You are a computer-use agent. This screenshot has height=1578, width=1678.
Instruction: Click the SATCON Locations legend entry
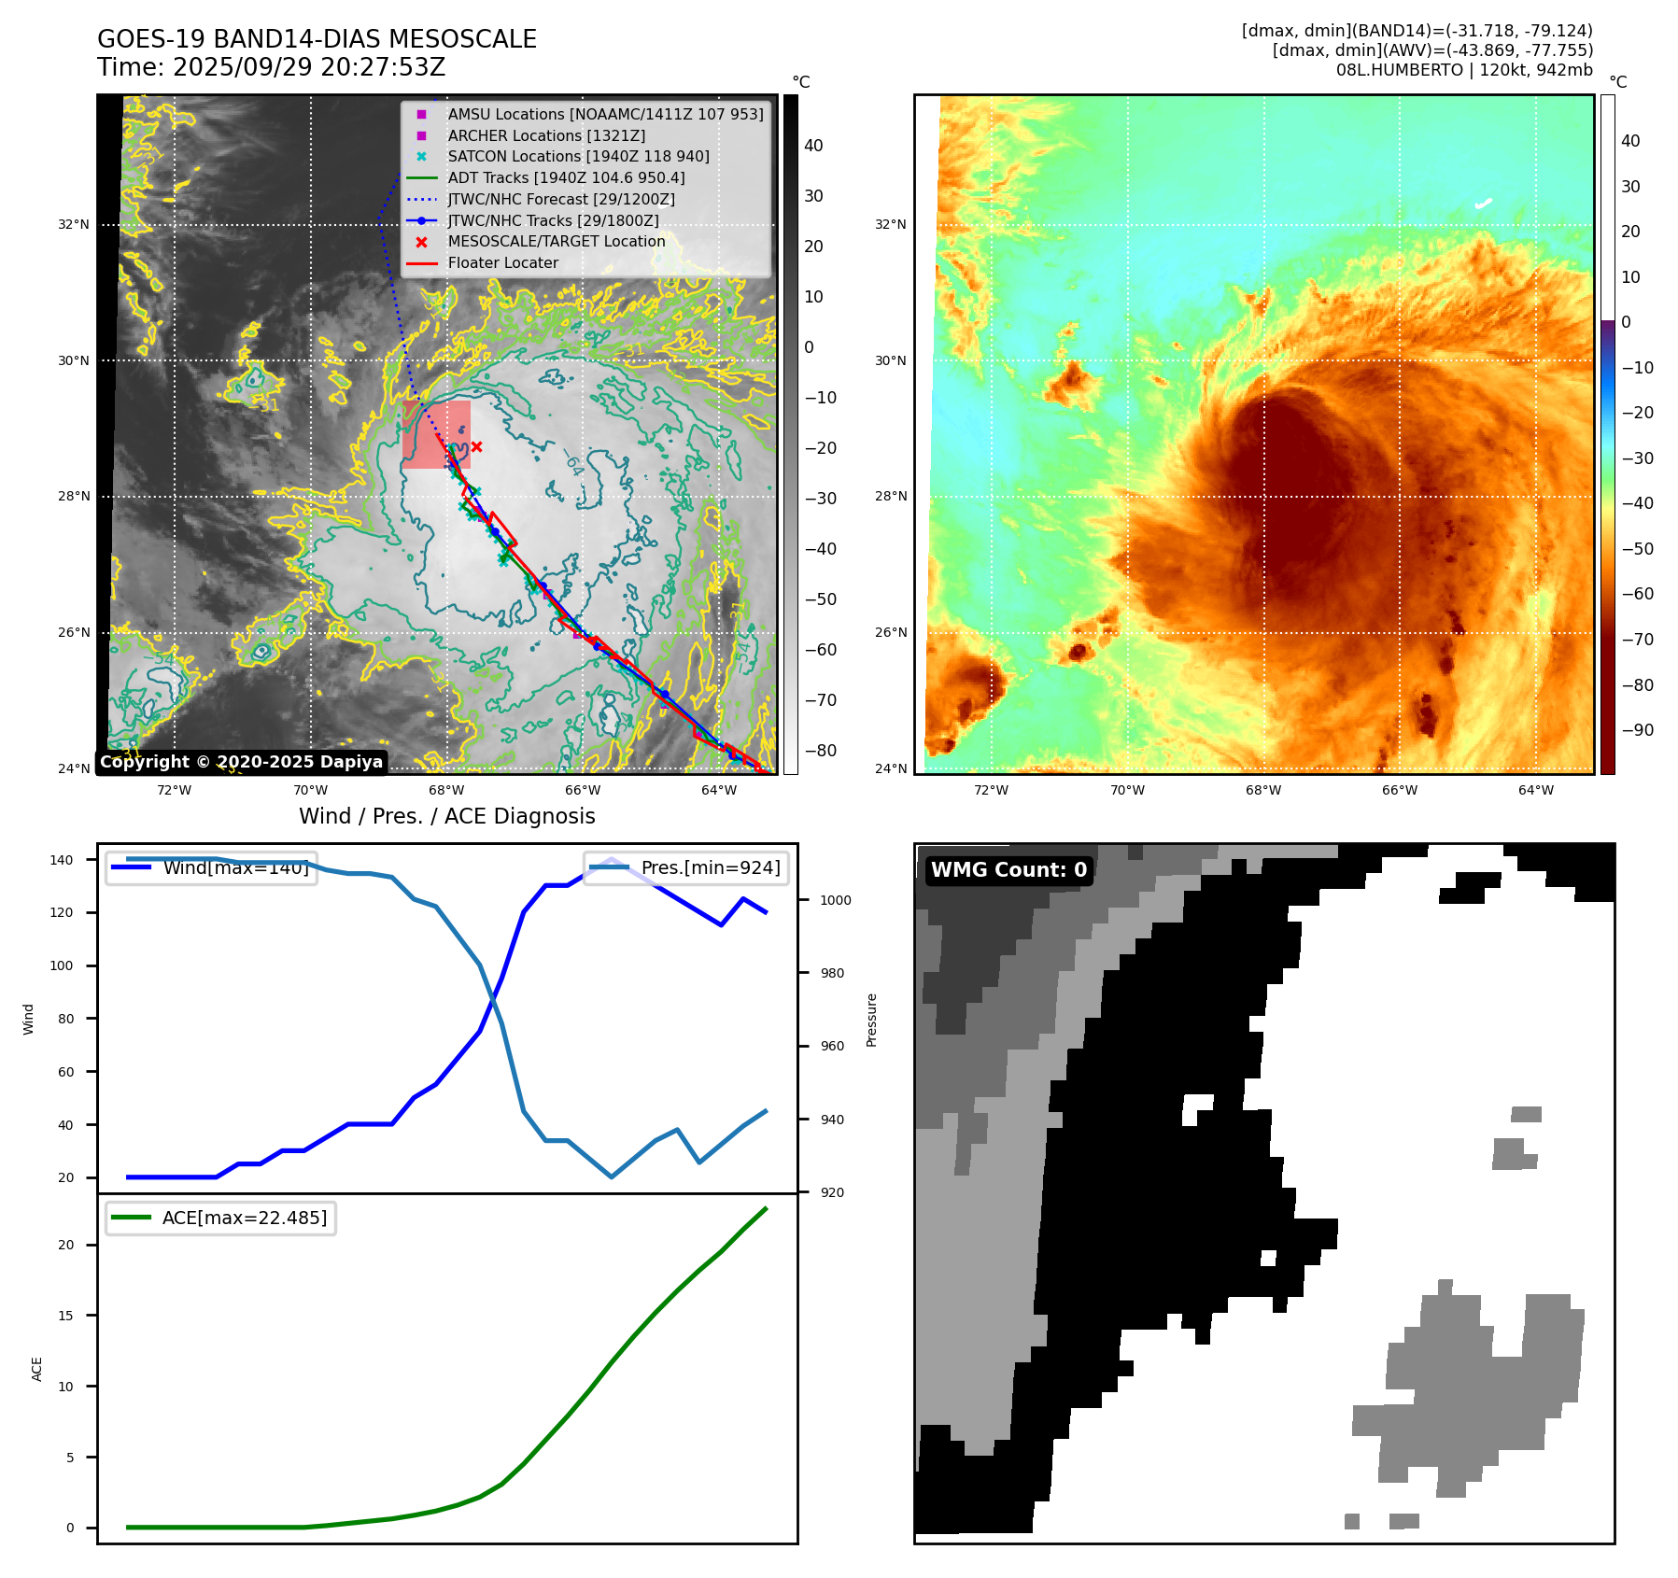pos(578,157)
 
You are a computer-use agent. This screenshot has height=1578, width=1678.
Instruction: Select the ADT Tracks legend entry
pos(566,178)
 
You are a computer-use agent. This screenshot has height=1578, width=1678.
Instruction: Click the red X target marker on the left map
pos(476,447)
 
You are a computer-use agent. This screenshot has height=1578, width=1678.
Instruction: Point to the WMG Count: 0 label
pos(1008,870)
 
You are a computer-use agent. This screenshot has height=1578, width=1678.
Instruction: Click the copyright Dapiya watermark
pos(241,762)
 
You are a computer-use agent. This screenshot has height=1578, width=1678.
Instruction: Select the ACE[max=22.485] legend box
pos(221,1219)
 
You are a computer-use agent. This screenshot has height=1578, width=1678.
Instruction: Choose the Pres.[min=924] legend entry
pos(686,868)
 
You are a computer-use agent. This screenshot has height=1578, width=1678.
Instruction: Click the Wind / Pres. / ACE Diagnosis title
pos(446,817)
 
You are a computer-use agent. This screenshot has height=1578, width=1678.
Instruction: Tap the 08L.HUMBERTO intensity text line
pos(1463,70)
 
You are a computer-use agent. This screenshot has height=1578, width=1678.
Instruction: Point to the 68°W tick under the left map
pos(446,791)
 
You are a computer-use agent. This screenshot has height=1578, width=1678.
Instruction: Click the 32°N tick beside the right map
pos(890,225)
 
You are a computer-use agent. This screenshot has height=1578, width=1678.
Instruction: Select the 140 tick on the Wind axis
pos(62,860)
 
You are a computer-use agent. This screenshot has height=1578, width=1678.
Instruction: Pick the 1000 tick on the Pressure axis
pos(836,901)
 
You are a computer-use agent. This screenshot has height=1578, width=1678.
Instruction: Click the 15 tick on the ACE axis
pos(65,1316)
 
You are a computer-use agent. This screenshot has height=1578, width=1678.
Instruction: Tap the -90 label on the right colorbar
pos(1637,730)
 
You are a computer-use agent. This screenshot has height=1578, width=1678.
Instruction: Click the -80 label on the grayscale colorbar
pos(821,751)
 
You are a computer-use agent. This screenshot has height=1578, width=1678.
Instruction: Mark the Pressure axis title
pos(871,1020)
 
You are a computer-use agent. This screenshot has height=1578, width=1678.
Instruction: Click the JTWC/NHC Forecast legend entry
pos(560,200)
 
